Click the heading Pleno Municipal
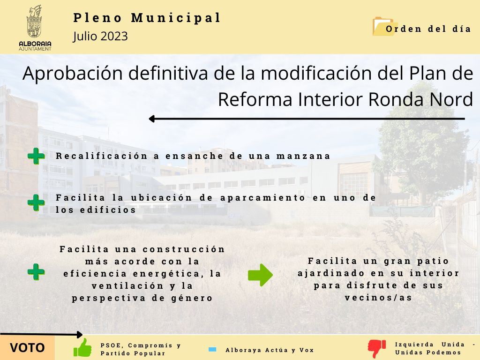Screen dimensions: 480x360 point(147,18)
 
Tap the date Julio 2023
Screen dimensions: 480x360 point(100,36)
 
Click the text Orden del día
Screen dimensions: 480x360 point(428,29)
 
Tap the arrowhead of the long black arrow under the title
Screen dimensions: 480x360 point(152,119)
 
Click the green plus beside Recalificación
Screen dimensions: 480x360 point(36,156)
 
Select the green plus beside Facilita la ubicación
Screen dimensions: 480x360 point(36,202)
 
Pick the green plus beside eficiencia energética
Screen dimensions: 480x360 point(36,272)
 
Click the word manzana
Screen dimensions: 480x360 point(303,156)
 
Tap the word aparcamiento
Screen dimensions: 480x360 point(263,198)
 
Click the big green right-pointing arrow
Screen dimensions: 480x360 point(260,275)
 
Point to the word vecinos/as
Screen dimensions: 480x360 point(379,298)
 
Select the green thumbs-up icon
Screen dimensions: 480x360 point(82,348)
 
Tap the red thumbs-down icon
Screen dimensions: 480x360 point(377,349)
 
